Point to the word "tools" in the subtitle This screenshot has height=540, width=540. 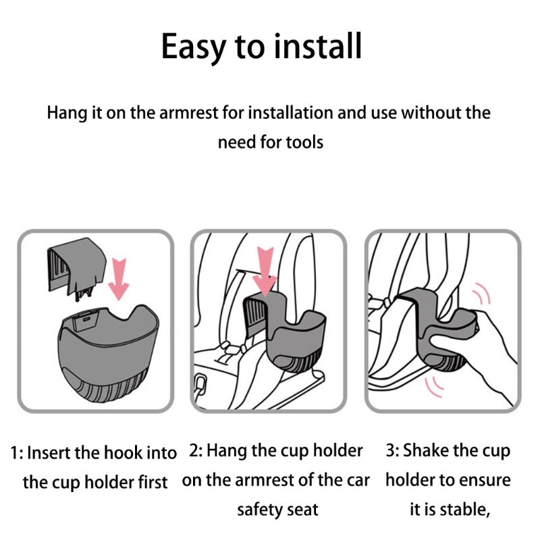coord(302,142)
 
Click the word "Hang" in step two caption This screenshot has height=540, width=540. coord(227,450)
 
